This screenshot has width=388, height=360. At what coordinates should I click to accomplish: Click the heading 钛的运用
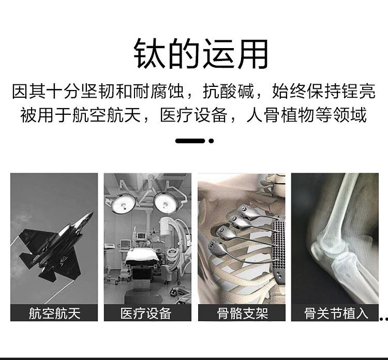tap(201, 54)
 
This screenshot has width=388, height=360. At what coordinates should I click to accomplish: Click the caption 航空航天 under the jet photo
tap(54, 313)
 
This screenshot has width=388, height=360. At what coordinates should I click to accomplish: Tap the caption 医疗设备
tap(146, 313)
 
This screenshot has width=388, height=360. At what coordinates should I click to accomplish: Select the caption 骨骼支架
tap(243, 313)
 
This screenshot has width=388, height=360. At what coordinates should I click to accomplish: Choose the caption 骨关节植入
tap(336, 313)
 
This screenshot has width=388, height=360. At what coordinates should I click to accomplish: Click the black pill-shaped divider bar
tap(190, 141)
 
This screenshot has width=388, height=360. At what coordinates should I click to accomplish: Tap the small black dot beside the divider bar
tap(211, 141)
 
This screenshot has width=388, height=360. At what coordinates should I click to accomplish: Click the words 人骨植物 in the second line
tap(280, 115)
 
